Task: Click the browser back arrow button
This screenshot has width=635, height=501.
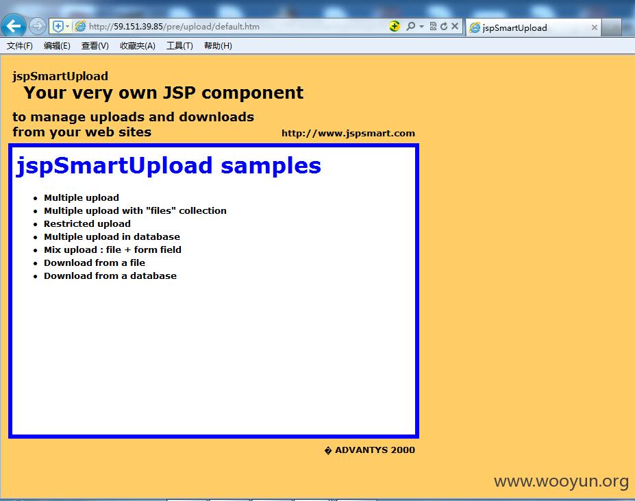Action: (x=14, y=26)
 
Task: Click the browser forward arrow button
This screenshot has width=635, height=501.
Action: (x=38, y=26)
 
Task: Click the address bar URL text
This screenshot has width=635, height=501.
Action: (x=174, y=26)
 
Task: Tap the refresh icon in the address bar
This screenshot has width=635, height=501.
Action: (x=444, y=26)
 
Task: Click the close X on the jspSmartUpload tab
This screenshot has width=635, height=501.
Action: (x=594, y=27)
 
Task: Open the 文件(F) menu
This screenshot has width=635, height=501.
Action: (x=19, y=46)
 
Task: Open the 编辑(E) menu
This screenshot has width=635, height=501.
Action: (x=57, y=46)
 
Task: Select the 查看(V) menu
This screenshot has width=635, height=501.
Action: (x=95, y=46)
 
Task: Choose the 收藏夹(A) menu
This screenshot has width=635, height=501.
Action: (x=138, y=46)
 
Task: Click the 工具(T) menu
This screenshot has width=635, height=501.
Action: (x=179, y=46)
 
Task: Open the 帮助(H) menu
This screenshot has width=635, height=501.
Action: (x=218, y=46)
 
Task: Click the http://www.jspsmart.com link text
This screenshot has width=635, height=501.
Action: (x=348, y=134)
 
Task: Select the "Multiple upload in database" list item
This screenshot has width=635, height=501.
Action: (x=112, y=236)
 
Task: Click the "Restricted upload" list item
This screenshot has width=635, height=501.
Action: (x=87, y=223)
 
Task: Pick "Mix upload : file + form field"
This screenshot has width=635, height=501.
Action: (x=112, y=249)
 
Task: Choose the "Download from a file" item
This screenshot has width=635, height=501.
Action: (x=95, y=262)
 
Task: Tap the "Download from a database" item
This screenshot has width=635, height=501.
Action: (x=110, y=276)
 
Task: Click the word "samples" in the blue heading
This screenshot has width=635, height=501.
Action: (x=271, y=166)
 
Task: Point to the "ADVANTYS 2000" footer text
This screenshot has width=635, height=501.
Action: (x=375, y=450)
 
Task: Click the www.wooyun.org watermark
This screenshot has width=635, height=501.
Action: (x=561, y=481)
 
